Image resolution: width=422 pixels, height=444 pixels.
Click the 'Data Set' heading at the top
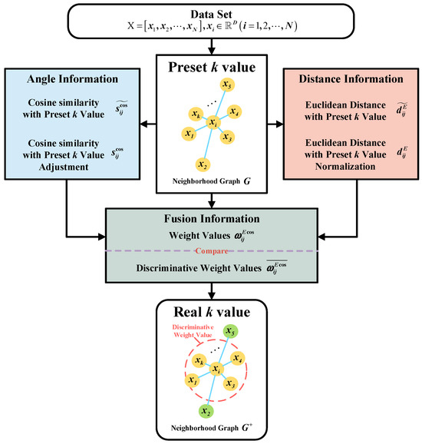(x=210, y=14)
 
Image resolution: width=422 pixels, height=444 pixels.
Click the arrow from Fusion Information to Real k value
(x=210, y=286)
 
